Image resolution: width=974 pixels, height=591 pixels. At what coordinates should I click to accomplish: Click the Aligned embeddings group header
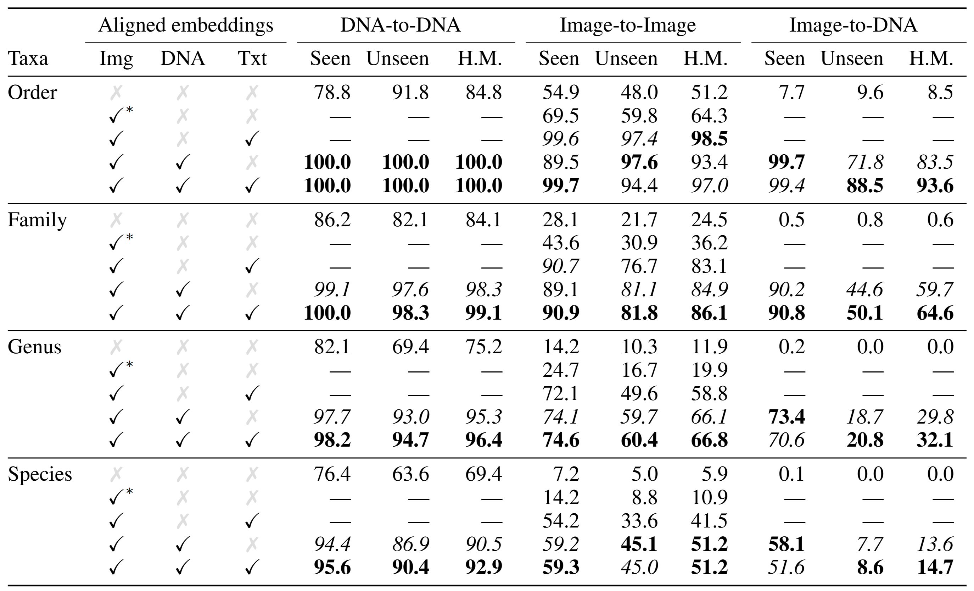coord(185,25)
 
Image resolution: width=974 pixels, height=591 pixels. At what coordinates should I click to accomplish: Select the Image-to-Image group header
coord(628,25)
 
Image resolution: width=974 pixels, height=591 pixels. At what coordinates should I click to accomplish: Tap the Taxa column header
coord(28,59)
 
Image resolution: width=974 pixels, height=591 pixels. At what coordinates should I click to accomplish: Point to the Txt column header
coord(252,59)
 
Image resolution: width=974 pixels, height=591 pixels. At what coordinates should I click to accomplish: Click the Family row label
coord(37,220)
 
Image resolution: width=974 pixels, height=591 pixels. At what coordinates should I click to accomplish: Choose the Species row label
coord(40,474)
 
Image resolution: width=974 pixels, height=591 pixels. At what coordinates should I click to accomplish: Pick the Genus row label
coord(34,347)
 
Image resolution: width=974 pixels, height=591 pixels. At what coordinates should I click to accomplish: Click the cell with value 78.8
coord(332,93)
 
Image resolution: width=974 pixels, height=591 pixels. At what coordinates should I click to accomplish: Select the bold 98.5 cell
coord(709,139)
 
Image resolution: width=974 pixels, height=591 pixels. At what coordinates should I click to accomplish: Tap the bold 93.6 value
coord(935,186)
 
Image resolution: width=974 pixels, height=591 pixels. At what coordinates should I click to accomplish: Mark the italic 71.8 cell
coord(864,162)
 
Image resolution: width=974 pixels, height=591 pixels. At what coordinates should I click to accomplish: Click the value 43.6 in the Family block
coord(560,243)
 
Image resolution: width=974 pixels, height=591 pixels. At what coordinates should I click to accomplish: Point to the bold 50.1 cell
coord(864,313)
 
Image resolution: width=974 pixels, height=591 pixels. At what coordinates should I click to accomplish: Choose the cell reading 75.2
coord(483,347)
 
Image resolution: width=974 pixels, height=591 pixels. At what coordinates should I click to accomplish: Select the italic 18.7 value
coord(864,416)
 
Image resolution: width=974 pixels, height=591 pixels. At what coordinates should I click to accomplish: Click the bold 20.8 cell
coord(864,440)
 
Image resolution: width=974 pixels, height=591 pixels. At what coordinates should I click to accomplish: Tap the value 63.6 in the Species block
coord(410,474)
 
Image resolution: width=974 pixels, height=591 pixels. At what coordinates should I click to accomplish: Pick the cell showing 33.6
coord(639,521)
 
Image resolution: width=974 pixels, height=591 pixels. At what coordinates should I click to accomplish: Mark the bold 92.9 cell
coord(483,567)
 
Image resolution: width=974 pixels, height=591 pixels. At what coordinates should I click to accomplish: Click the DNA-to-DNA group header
coord(400,25)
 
